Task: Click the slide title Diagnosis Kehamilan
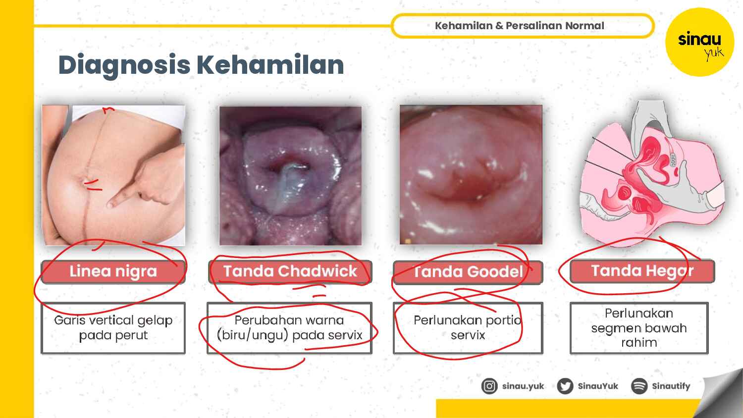coord(201,65)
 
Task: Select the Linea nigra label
coord(113,271)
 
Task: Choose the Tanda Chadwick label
coord(290,271)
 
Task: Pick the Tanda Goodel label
coord(468,272)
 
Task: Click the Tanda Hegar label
coord(642,271)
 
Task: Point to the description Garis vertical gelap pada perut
coord(113,328)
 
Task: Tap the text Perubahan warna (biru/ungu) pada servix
coord(289,328)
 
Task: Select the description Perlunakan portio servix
coord(468,328)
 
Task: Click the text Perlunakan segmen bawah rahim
coord(639,328)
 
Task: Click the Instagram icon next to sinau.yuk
coord(489,386)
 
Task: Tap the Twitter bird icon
coord(565,386)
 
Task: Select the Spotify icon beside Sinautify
coord(639,386)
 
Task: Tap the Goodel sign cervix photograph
coord(471,174)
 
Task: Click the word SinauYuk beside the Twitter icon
coord(598,386)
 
